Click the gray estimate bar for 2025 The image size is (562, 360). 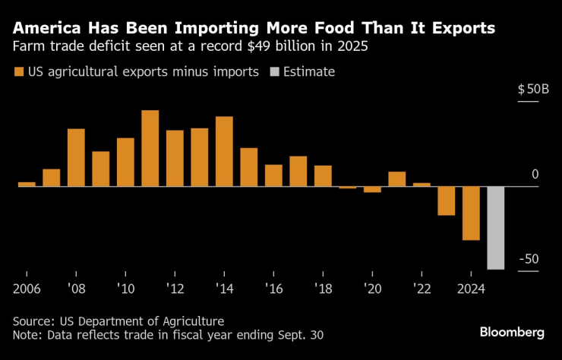coord(496,227)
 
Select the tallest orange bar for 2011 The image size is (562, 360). coord(150,148)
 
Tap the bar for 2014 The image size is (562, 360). coord(224,151)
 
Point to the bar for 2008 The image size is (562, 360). coord(76,157)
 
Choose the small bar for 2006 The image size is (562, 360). coord(27,184)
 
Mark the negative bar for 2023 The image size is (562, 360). coord(447,201)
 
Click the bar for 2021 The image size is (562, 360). coord(397,178)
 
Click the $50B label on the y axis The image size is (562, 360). coord(533,90)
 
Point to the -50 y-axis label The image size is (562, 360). coord(529,259)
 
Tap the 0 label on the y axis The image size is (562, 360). coord(535,175)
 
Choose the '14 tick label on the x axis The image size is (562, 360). coord(224,289)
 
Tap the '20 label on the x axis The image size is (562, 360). coord(372,289)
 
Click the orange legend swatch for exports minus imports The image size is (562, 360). coord(18,72)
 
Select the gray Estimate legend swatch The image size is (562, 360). coord(276,72)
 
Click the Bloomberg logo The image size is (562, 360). coord(512,333)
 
